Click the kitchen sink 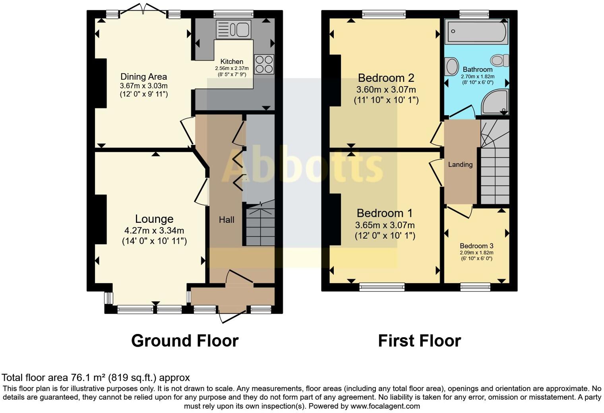(234, 29)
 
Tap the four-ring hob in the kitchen (264, 64)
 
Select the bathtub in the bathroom (476, 31)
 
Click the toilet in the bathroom (499, 60)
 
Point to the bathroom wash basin (452, 66)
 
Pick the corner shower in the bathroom (495, 102)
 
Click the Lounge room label (154, 219)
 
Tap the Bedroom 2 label (386, 78)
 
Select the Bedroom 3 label (476, 246)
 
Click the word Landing (460, 164)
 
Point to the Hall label (226, 220)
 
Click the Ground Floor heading (185, 341)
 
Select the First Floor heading (420, 341)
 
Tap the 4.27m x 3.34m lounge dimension (154, 231)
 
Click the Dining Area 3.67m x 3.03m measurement (144, 86)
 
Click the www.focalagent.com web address (385, 406)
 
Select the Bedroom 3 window (475, 287)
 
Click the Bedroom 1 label (385, 213)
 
